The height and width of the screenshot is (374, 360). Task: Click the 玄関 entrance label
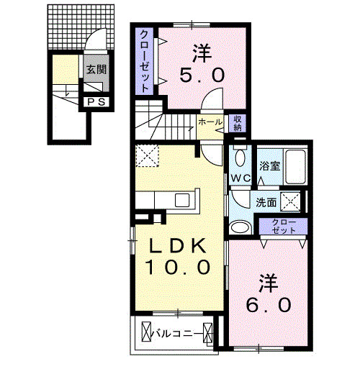[96, 70]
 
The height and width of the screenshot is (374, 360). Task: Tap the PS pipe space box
[96, 102]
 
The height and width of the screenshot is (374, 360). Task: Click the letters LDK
[179, 246]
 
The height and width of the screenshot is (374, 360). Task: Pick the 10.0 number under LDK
[179, 268]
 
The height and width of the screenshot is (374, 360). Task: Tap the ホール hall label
[210, 122]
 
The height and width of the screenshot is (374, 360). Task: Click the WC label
[240, 177]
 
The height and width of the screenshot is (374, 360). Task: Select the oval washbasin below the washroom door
[238, 228]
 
